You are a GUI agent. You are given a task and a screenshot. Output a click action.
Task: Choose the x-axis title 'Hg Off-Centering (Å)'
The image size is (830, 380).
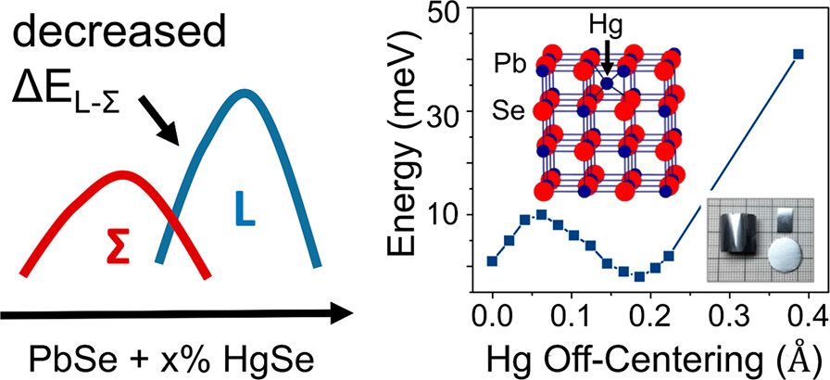click(653, 356)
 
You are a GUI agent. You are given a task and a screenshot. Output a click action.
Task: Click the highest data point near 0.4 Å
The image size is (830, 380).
click(799, 54)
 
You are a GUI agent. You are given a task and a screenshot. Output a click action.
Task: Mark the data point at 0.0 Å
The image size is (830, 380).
click(492, 261)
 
